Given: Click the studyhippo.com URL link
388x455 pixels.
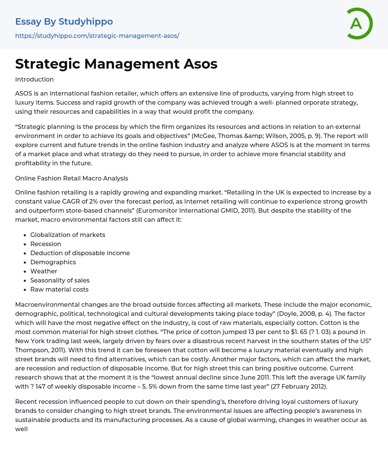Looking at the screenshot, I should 97,36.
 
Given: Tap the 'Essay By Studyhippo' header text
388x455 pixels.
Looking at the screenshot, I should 64,22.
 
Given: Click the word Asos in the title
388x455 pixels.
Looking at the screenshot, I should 200,64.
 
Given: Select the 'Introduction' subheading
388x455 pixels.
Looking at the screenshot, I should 34,79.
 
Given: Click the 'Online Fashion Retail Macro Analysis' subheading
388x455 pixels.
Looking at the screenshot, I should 72,178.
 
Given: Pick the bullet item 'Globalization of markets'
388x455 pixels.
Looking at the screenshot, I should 68,235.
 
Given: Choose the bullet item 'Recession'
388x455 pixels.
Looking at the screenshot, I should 45,244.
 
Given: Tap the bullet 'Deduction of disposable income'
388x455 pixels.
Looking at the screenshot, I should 80,253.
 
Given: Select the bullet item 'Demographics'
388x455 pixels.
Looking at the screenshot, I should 53,262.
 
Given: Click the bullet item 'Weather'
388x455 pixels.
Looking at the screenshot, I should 44,271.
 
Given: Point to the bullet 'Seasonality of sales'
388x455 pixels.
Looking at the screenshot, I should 60,280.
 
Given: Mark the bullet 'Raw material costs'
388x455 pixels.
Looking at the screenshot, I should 59,289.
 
